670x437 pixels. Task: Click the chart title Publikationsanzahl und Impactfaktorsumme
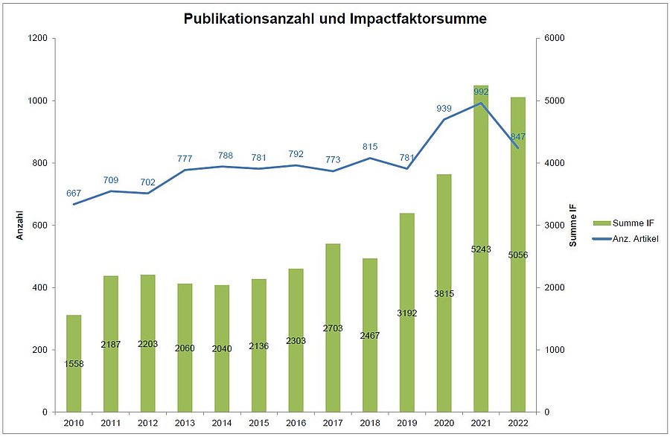[335, 19]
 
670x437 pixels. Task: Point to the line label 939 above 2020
[444, 109]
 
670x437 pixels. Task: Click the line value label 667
[74, 194]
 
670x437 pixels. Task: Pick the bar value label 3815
[444, 293]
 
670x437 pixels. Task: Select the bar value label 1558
[74, 363]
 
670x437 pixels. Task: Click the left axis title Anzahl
[21, 225]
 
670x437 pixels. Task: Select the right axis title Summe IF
[573, 225]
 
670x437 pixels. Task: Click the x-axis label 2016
[296, 423]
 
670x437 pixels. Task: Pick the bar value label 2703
[333, 328]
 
